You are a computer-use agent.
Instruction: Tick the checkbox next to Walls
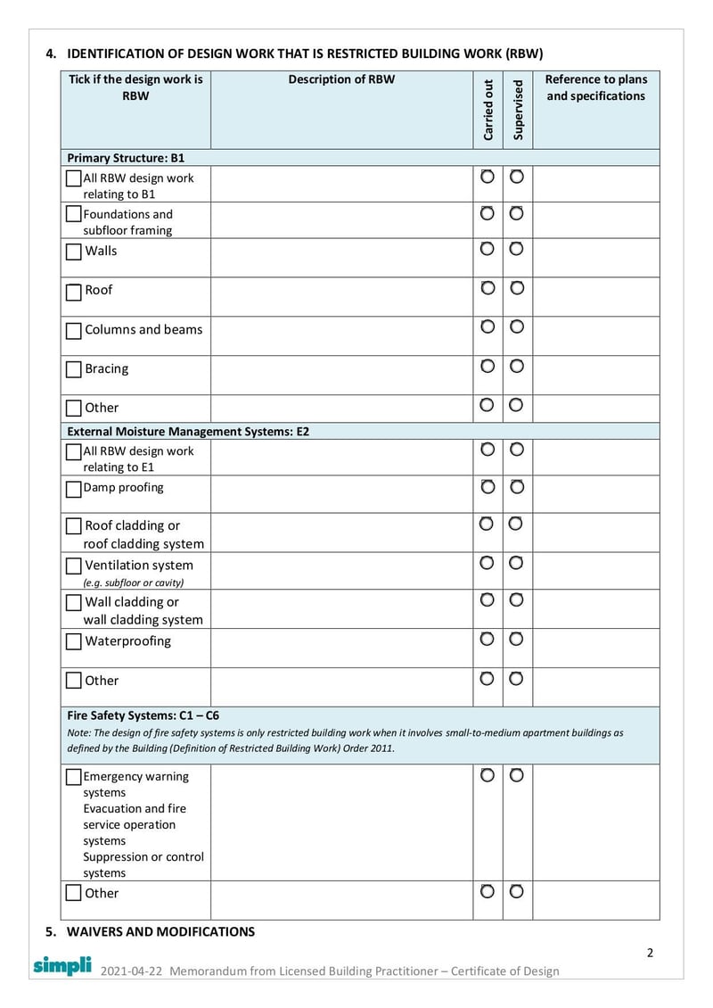point(74,252)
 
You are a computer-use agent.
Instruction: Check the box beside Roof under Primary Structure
point(74,292)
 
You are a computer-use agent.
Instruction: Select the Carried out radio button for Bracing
point(488,366)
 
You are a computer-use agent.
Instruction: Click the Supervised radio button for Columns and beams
point(517,326)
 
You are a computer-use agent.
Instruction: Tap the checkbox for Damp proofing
point(74,490)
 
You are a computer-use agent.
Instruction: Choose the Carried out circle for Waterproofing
point(488,639)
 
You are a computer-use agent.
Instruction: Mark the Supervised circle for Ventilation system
point(517,563)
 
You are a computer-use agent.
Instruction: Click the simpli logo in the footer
point(62,965)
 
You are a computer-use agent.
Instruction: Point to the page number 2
point(650,952)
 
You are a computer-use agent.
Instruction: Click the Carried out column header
point(488,110)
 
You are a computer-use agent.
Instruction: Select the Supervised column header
point(518,110)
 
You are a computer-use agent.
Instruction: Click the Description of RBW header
point(341,79)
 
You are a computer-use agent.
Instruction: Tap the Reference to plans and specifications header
point(595,87)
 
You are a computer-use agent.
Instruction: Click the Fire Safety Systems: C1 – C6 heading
point(143,715)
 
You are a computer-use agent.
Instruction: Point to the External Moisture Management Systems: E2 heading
point(188,431)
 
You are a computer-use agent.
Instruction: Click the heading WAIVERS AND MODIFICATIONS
point(160,931)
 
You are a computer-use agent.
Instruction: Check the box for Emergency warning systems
point(74,777)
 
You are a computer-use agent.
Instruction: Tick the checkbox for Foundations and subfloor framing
point(74,215)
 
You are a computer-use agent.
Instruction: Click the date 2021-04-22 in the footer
point(131,971)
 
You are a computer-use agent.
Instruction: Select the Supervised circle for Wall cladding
point(517,599)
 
